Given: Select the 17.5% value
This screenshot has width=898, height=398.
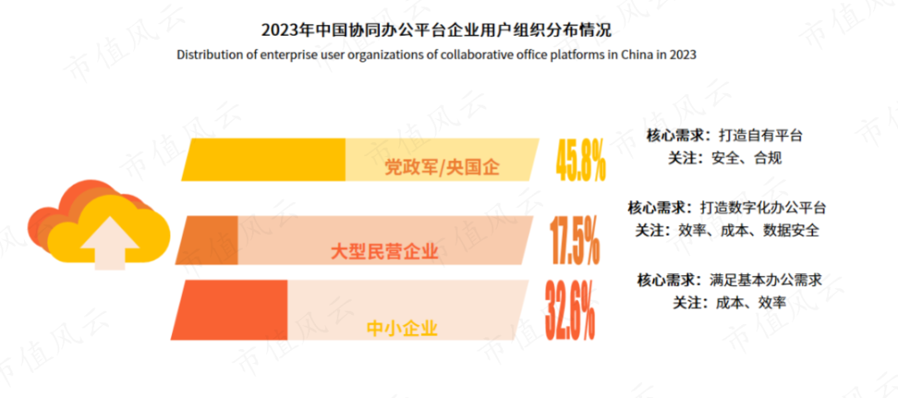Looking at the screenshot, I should coord(575,240).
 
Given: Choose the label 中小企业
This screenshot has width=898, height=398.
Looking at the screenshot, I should coord(402,327).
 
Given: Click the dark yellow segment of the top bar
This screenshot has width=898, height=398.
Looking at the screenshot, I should coord(266,159).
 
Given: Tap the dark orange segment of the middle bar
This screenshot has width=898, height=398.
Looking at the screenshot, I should coord(207,240).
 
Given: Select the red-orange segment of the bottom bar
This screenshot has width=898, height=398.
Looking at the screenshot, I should coord(230,310).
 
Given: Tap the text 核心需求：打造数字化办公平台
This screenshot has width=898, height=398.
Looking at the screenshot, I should coord(726,207).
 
